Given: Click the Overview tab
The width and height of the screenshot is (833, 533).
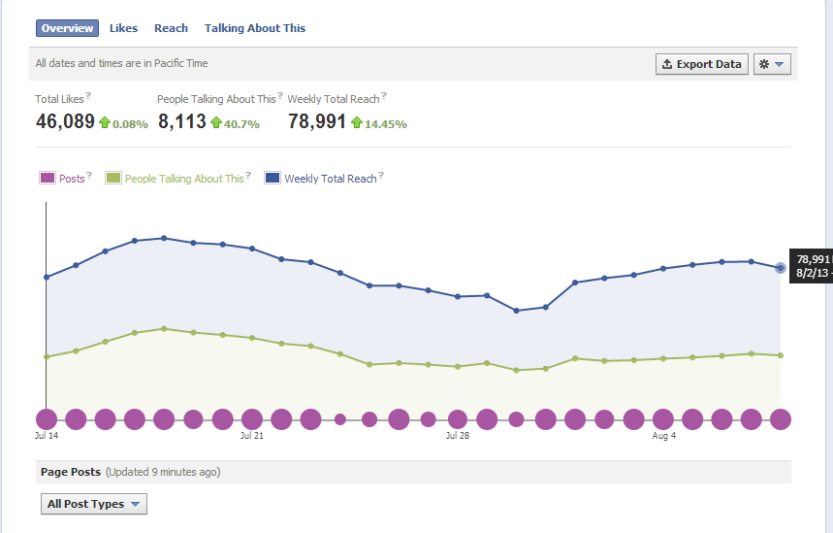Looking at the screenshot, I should pyautogui.click(x=67, y=28).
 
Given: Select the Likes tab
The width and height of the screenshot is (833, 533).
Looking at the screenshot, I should pyautogui.click(x=123, y=28).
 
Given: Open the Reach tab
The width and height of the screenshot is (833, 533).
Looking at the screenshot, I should pyautogui.click(x=171, y=28).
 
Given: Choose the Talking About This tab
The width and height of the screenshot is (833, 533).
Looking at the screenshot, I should pyautogui.click(x=255, y=28).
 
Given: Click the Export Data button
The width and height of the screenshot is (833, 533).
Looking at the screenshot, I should pyautogui.click(x=701, y=64).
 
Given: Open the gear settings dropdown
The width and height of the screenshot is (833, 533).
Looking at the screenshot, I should pyautogui.click(x=773, y=64).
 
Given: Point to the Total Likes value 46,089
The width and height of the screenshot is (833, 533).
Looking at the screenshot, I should pyautogui.click(x=65, y=121).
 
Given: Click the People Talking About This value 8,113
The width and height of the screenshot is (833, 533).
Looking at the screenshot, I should pyautogui.click(x=181, y=121).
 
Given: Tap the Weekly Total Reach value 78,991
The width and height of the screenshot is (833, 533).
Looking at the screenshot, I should pyautogui.click(x=317, y=121).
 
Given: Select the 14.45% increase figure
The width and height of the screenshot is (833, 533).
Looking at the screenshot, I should pyautogui.click(x=385, y=124).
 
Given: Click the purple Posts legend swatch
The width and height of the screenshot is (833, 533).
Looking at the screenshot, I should pyautogui.click(x=48, y=179).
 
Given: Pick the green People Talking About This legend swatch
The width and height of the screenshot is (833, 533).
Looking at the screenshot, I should pyautogui.click(x=113, y=179).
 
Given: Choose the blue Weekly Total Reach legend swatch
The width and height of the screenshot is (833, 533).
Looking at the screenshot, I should pyautogui.click(x=272, y=179).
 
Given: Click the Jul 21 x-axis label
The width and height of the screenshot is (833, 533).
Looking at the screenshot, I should pyautogui.click(x=252, y=437).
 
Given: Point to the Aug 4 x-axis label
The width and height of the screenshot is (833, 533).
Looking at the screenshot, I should pyautogui.click(x=664, y=437).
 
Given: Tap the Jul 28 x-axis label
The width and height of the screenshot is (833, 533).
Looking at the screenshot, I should pyautogui.click(x=457, y=437).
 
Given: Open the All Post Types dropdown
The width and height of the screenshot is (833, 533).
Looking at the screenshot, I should pyautogui.click(x=94, y=504).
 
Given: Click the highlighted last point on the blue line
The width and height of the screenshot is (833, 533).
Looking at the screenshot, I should pyautogui.click(x=781, y=268).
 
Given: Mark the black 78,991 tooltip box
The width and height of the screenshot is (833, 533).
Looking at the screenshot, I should pyautogui.click(x=812, y=266).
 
